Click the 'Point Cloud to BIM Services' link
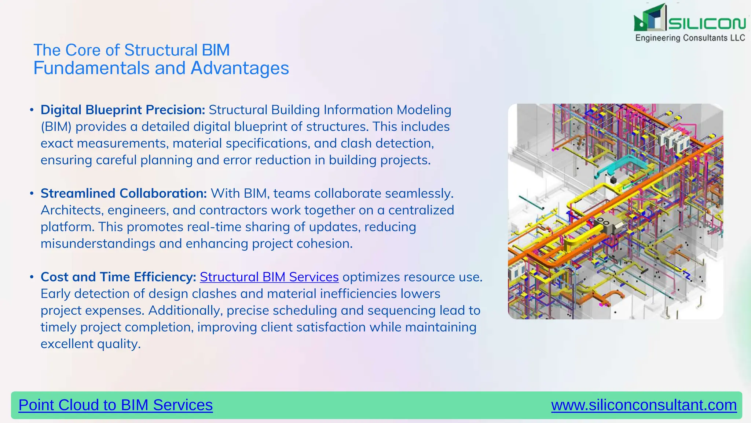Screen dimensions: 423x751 click(116, 405)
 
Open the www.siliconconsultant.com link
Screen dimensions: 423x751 click(644, 405)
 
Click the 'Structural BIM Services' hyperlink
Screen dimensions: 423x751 click(269, 277)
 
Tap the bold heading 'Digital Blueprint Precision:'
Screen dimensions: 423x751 click(123, 110)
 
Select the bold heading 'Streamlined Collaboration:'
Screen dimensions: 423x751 click(124, 193)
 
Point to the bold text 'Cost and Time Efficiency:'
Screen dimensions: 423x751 click(118, 277)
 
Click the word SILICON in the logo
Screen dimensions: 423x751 click(707, 23)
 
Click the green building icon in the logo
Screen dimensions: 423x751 click(649, 18)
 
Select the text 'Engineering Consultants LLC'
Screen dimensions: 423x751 click(690, 38)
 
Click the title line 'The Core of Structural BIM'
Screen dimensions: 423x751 click(131, 50)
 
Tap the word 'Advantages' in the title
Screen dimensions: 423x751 click(240, 68)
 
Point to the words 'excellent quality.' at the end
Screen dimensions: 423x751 click(91, 344)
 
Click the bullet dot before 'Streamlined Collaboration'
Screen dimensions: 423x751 click(32, 193)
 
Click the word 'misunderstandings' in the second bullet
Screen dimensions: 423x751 click(98, 244)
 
